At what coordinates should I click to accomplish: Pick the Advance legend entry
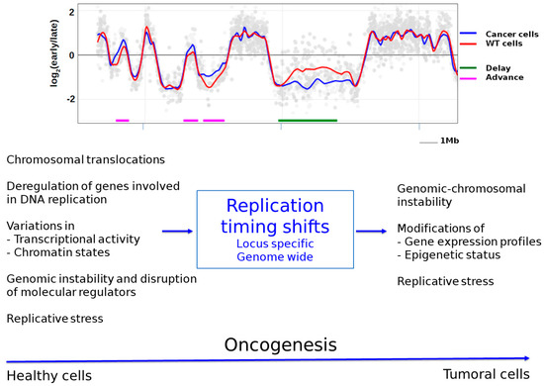485,78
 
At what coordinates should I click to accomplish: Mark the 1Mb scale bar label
449,142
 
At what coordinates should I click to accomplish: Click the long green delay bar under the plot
308,121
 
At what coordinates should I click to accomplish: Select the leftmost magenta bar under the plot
123,121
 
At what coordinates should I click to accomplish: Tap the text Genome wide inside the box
274,257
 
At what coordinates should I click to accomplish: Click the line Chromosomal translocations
85,159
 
